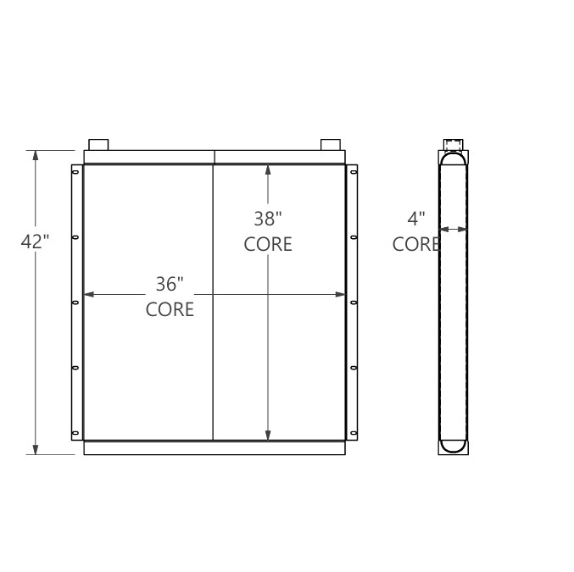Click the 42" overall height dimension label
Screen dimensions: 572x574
coord(35,242)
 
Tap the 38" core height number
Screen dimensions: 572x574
coord(268,219)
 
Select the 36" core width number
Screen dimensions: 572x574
coord(170,284)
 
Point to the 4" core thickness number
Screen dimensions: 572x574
coord(415,219)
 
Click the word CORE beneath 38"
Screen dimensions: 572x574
coord(268,244)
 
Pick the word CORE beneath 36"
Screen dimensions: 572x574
coord(170,309)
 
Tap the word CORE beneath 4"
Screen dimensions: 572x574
coord(415,244)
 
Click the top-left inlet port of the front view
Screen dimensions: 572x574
coord(98,143)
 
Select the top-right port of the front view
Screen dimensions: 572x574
coord(331,143)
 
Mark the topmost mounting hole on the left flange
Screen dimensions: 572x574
coord(75,173)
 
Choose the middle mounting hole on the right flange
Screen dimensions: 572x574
coord(353,301)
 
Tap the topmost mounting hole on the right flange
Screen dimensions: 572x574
coord(353,173)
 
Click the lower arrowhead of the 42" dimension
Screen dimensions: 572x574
coord(35,449)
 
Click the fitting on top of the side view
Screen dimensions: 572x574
coord(453,143)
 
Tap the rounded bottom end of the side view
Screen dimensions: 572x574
coord(453,444)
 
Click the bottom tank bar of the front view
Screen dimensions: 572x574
coord(215,447)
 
